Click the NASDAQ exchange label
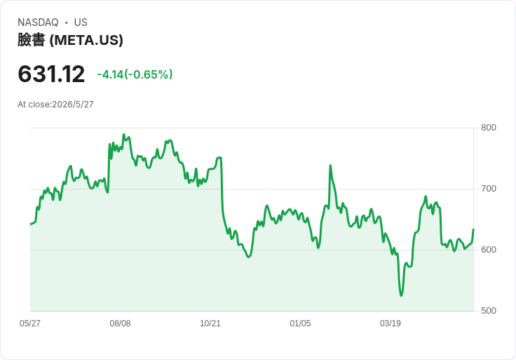(38, 22)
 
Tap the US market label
(81, 22)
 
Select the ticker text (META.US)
(86, 40)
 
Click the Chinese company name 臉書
(32, 40)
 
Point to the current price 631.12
(51, 74)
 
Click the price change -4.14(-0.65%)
(135, 74)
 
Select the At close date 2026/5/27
(73, 105)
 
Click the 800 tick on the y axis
(489, 128)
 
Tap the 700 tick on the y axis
(489, 189)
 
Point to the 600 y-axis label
(489, 250)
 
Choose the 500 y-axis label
(489, 311)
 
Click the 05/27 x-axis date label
(30, 323)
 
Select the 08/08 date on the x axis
(120, 323)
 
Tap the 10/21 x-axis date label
(210, 323)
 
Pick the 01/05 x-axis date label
(300, 323)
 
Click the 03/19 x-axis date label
(391, 323)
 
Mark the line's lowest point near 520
(401, 295)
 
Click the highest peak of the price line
(123, 134)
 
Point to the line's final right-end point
(473, 229)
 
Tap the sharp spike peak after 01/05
(330, 166)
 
